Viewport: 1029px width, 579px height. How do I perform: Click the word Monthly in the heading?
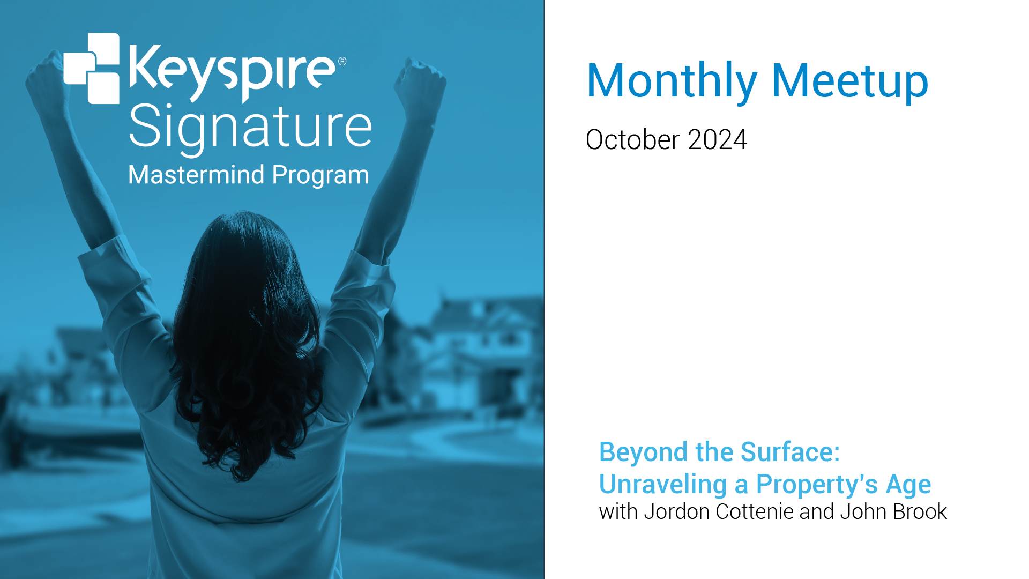coord(672,82)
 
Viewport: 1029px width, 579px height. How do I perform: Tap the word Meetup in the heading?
coord(850,81)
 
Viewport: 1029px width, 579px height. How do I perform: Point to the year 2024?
coord(718,140)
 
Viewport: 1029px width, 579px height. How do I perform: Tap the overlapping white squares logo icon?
coord(92,68)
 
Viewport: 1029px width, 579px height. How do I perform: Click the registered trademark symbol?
coord(342,61)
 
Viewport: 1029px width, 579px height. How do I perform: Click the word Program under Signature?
coord(320,176)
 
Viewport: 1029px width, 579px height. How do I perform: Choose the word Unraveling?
coord(663,485)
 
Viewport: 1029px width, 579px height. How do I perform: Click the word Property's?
coord(817,485)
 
